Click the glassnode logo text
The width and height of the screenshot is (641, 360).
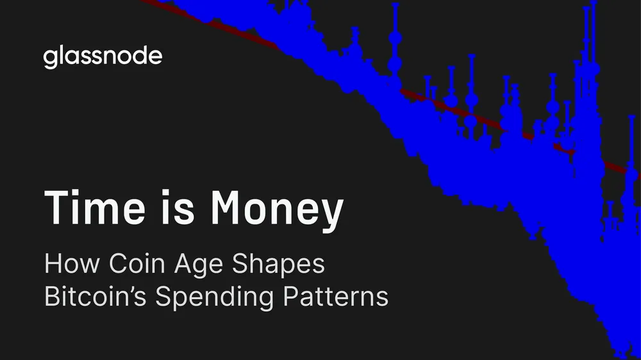click(x=103, y=56)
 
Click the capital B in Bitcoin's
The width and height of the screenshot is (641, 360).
click(x=51, y=298)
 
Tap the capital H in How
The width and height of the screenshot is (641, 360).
click(x=52, y=265)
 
